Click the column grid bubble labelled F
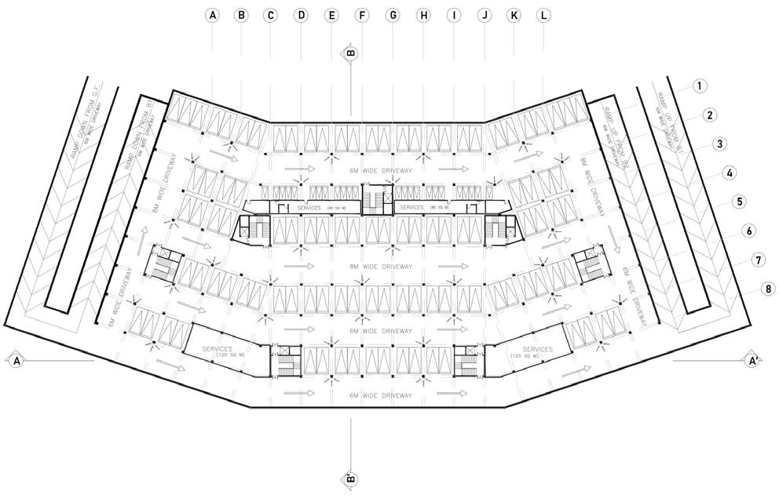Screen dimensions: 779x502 click(x=362, y=15)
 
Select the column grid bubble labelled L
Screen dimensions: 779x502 click(x=544, y=15)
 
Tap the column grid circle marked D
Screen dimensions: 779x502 click(x=301, y=15)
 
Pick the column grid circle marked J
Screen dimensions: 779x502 click(x=484, y=15)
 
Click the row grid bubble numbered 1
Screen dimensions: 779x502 click(x=700, y=86)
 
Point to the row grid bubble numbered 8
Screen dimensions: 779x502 click(x=768, y=289)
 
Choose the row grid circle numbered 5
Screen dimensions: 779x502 click(x=739, y=202)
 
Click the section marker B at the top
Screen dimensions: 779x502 click(x=350, y=53)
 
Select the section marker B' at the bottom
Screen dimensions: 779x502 click(x=350, y=478)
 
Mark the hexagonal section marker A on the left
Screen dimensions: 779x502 click(x=15, y=361)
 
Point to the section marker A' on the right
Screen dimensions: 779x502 click(x=752, y=361)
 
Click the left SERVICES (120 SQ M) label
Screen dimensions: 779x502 click(x=219, y=351)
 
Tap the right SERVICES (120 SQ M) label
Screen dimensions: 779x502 click(x=538, y=351)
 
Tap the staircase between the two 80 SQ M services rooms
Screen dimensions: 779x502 click(x=376, y=201)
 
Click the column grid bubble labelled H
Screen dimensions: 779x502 click(x=423, y=15)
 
